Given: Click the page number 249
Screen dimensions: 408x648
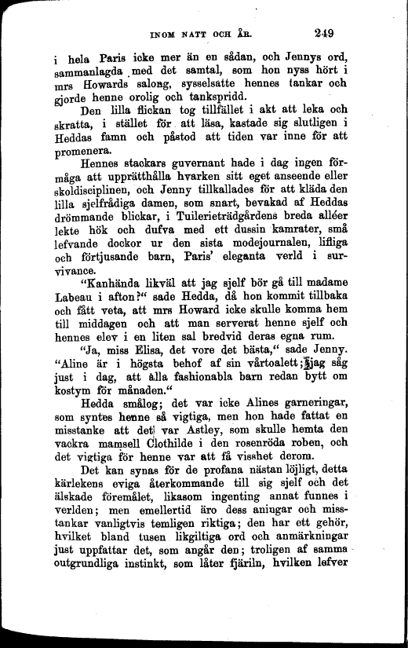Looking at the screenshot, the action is (x=323, y=33).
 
